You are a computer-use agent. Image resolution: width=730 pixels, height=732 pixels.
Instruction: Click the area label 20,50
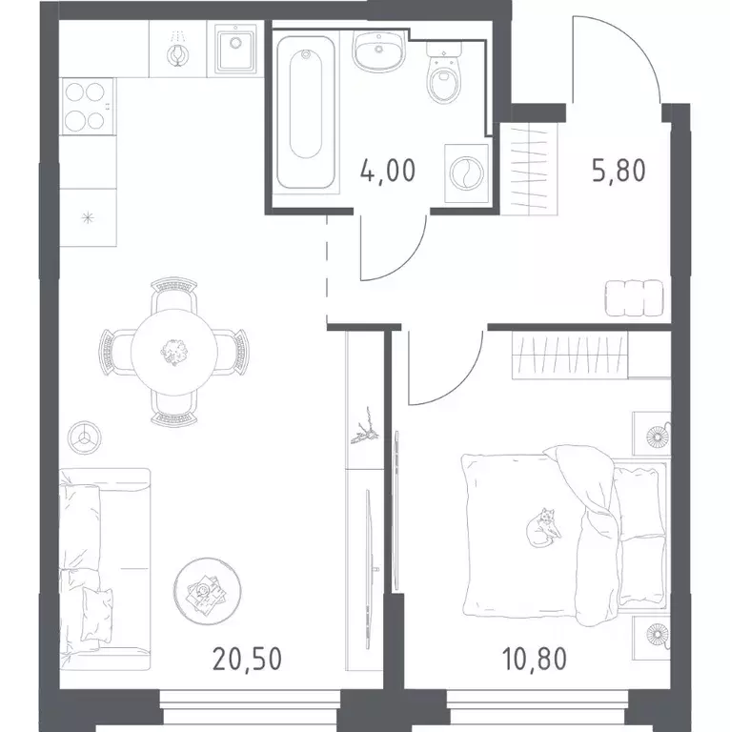247,659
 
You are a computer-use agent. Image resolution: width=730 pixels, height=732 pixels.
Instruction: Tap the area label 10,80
535,659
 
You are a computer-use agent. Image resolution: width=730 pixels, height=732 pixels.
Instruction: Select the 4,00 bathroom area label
388,170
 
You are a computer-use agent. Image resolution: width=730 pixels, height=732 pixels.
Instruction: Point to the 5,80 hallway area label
618,170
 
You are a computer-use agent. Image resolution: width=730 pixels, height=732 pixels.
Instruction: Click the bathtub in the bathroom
306,112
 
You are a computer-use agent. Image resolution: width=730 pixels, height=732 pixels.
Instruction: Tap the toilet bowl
444,74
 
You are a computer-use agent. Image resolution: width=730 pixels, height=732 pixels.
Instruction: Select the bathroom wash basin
378,51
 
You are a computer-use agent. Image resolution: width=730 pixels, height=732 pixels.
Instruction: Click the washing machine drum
466,173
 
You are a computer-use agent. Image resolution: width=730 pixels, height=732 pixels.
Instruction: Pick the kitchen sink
235,49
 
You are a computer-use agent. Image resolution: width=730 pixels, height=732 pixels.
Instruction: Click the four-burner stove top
88,107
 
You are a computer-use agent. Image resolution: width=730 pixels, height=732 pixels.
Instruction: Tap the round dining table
174,352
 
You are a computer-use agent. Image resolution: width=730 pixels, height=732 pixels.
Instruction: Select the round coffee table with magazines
207,591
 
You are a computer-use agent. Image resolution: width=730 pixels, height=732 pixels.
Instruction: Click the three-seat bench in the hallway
635,297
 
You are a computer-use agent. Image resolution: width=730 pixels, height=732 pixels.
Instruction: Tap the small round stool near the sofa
85,437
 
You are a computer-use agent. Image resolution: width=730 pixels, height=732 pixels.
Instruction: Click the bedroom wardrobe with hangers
570,355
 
